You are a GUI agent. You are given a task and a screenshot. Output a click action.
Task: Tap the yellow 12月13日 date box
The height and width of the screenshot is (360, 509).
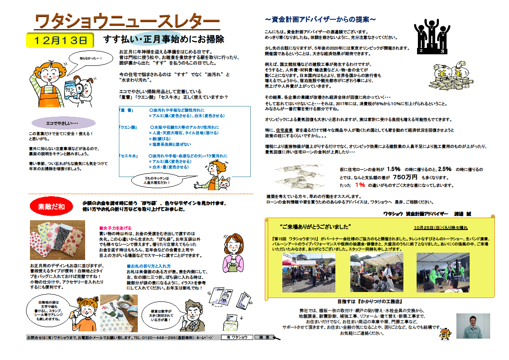59,40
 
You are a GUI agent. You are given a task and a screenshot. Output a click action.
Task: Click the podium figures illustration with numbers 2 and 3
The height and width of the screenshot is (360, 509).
432,37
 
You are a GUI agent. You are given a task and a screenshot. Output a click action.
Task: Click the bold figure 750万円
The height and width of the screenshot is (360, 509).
405,177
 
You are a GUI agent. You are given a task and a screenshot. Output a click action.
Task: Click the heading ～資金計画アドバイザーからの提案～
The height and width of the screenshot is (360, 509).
320,20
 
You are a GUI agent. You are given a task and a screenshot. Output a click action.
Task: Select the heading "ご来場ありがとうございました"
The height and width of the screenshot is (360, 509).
315,226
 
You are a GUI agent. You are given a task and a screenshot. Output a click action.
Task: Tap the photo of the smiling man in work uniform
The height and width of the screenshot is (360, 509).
473,326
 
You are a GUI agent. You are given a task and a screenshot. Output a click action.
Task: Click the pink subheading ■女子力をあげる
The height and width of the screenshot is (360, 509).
115,228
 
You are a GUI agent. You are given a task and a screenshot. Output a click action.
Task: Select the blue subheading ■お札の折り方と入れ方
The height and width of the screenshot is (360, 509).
148,266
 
